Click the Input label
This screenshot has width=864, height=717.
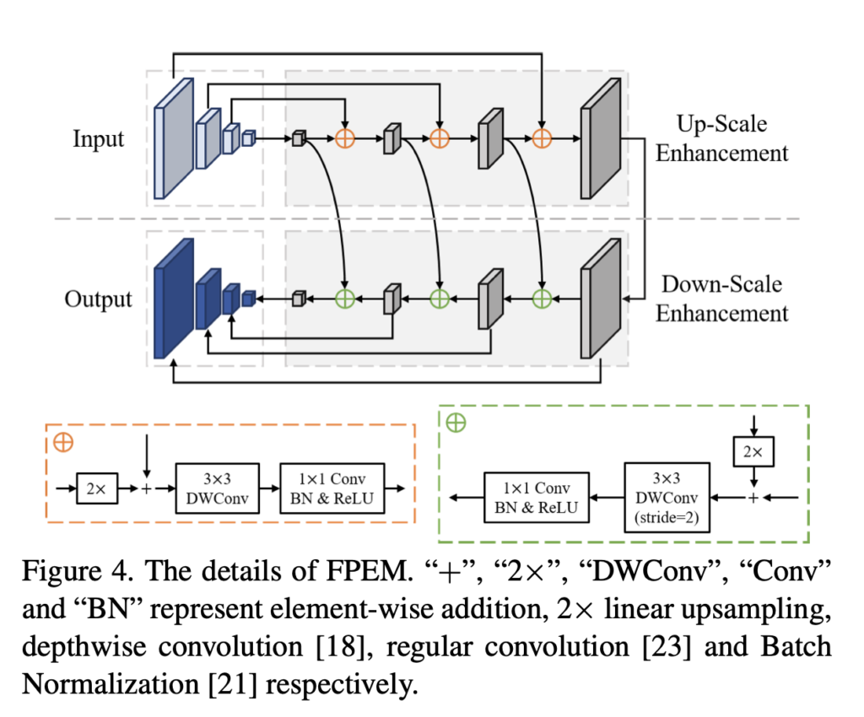99,138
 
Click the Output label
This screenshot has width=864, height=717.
99,299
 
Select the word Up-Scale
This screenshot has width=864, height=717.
722,125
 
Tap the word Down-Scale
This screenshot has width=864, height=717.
722,284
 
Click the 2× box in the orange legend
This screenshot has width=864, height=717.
100,488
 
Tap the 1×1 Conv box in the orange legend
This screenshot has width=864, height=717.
332,488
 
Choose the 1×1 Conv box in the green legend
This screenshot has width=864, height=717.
537,497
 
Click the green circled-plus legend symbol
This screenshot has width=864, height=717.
456,423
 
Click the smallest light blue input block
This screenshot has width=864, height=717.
248,138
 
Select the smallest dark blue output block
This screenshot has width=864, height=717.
248,298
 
